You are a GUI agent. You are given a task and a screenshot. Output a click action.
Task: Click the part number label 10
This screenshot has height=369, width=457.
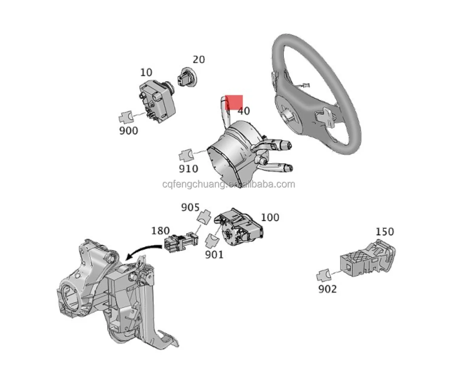click(x=146, y=72)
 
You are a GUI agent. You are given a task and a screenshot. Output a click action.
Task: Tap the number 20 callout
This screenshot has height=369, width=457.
click(x=198, y=60)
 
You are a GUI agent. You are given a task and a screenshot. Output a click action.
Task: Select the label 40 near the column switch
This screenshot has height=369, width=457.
click(x=244, y=111)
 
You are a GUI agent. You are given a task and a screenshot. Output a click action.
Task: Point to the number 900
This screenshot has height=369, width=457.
click(x=129, y=130)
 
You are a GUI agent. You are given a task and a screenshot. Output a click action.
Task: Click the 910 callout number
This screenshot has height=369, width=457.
click(x=188, y=169)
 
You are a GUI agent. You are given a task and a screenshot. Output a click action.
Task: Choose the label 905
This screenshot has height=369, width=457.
click(x=191, y=207)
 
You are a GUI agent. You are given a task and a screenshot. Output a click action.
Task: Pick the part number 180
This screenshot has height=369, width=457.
click(x=160, y=231)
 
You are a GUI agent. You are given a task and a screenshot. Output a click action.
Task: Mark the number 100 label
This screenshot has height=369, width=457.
click(x=270, y=217)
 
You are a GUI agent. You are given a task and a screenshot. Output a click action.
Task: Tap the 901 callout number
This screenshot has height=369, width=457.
click(x=214, y=255)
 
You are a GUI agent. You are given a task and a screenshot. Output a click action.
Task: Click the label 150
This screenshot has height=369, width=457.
click(x=385, y=231)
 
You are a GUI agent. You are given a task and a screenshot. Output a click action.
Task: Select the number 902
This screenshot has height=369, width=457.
click(x=328, y=289)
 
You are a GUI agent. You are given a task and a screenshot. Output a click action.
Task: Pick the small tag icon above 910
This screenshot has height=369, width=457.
click(x=186, y=155)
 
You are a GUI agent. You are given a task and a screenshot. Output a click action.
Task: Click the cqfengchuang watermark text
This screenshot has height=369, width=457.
click(x=228, y=184)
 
